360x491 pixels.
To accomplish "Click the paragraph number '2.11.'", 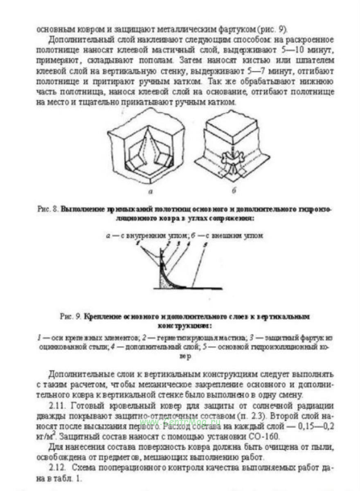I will [58, 406].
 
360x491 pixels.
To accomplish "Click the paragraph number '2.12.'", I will [58, 467].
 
